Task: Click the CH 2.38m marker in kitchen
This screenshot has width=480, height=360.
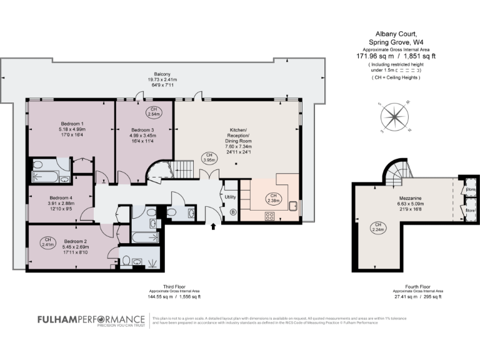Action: [x=272, y=198]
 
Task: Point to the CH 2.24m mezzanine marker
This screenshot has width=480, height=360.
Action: [x=378, y=227]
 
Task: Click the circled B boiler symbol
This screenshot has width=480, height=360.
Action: [x=234, y=212]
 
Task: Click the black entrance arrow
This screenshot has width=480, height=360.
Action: [x=215, y=227]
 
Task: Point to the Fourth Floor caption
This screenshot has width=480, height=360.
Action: [x=418, y=287]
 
